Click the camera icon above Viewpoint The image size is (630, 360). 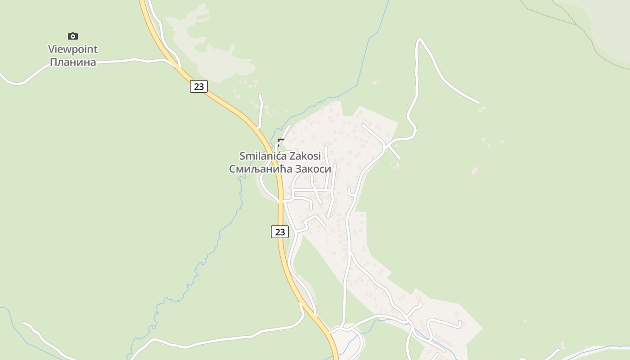click(72, 36)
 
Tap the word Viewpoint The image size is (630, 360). click(73, 49)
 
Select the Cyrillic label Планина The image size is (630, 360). click(73, 62)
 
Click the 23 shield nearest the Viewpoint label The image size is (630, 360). click(198, 86)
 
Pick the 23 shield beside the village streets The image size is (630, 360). click(280, 232)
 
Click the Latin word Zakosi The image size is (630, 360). click(305, 156)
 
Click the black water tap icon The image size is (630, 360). click(281, 143)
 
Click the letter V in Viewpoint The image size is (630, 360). click(51, 49)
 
